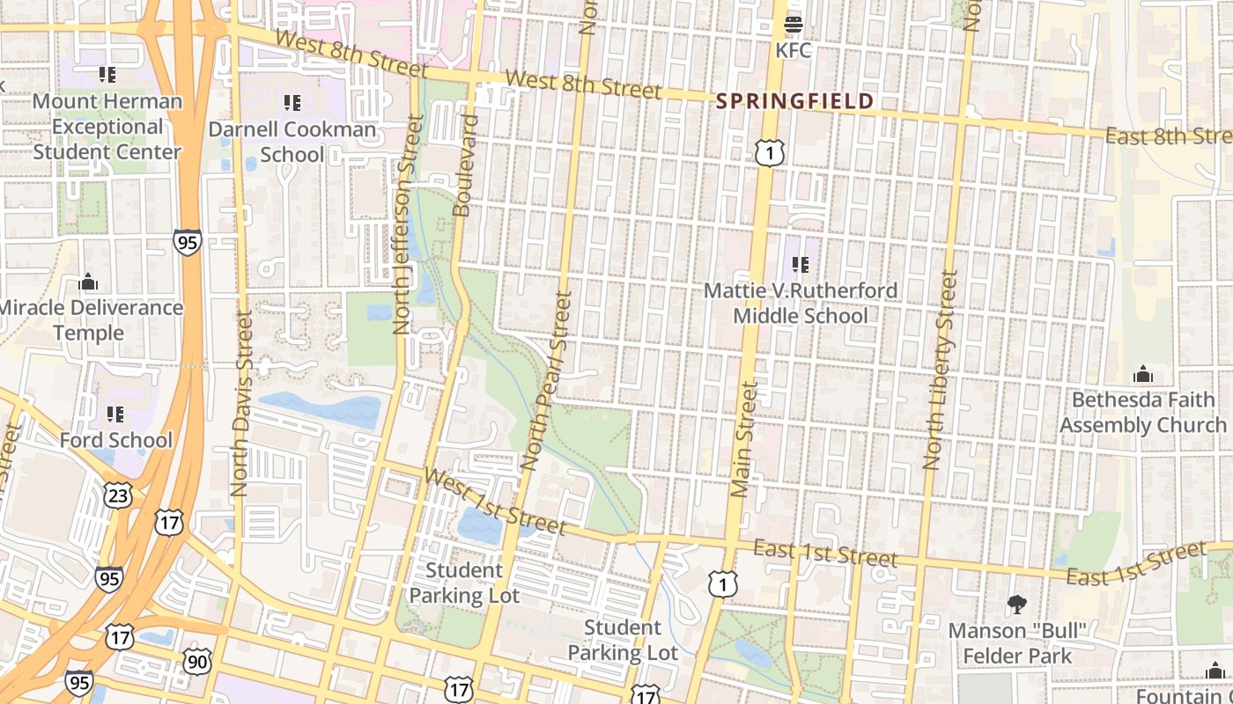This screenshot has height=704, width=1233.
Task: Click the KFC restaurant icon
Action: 793,25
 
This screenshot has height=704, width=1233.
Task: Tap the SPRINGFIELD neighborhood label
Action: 794,101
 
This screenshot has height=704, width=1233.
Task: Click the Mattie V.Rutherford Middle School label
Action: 800,303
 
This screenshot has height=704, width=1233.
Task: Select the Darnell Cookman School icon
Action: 293,103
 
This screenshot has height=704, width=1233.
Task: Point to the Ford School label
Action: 116,440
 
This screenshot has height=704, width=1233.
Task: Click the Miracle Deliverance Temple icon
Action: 88,282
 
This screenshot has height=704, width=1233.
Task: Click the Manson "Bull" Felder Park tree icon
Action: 1016,605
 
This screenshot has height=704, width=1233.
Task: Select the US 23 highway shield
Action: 119,495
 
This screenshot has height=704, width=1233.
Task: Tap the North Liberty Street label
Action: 941,370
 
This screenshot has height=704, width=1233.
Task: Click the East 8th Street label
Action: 1167,136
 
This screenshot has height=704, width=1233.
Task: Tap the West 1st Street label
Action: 495,502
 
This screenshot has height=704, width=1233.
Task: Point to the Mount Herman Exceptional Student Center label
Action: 107,126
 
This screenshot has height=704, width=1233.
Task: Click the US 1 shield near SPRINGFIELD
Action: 769,154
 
